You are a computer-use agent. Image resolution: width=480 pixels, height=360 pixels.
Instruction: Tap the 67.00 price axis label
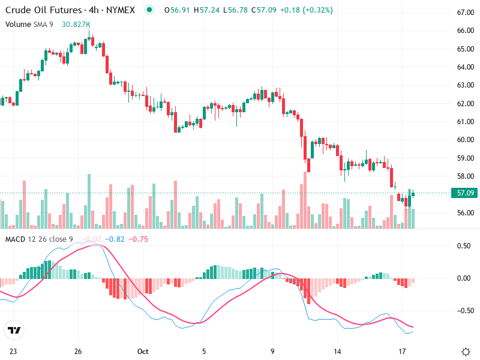(466, 13)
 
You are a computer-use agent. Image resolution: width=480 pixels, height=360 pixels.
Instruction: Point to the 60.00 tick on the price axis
(466, 140)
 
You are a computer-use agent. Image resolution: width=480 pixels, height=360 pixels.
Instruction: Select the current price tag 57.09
(466, 193)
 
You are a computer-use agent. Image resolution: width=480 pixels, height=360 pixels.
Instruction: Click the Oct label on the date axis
(142, 351)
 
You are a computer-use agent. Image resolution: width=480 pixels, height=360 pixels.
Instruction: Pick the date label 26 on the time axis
(78, 351)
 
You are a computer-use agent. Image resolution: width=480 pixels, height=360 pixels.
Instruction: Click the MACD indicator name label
(15, 239)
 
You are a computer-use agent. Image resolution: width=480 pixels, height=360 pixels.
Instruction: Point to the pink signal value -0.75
(140, 239)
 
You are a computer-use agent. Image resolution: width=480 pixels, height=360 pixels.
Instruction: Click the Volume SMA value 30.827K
(76, 24)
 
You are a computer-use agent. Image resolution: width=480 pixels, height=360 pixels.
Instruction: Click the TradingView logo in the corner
(14, 331)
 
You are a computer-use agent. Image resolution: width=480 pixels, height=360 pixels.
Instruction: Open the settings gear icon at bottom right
(466, 351)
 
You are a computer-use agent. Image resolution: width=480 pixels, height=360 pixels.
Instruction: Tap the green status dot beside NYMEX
(149, 10)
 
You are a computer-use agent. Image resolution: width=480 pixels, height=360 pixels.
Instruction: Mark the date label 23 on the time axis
(13, 351)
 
